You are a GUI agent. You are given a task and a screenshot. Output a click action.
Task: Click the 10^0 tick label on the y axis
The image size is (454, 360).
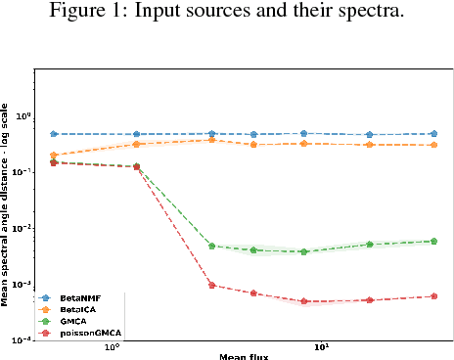click(22, 116)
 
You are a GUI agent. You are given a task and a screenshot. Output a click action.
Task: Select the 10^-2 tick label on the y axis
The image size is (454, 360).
click(22, 229)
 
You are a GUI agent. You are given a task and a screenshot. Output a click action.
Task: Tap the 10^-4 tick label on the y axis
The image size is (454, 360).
click(22, 340)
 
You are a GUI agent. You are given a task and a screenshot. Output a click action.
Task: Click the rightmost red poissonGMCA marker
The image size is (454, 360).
click(433, 296)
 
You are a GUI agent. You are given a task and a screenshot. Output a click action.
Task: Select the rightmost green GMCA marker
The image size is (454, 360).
click(433, 241)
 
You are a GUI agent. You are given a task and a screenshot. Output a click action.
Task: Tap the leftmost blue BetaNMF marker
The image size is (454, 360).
click(54, 134)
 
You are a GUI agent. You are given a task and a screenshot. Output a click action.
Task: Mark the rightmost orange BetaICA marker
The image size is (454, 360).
click(433, 145)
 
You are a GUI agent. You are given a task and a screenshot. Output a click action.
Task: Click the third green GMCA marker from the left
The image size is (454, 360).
click(211, 246)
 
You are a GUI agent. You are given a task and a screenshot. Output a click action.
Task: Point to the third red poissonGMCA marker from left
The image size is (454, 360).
click(211, 286)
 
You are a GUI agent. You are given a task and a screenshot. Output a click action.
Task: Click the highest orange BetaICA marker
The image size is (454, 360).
click(211, 140)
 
